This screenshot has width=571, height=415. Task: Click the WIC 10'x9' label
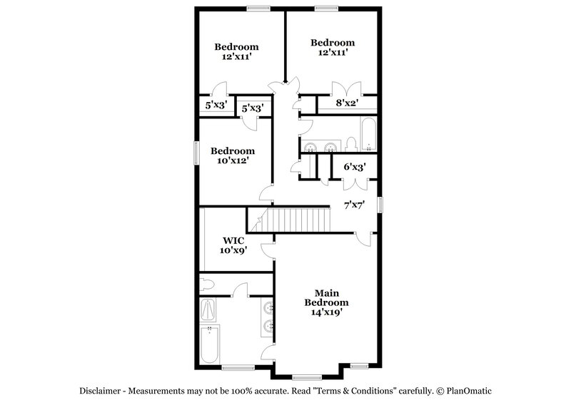[233, 245]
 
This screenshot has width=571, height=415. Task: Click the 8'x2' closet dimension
[347, 103]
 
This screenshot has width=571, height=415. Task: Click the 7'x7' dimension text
[355, 205]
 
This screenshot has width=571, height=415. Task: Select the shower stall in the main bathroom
[210, 309]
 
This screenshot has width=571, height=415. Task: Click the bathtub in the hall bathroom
[368, 135]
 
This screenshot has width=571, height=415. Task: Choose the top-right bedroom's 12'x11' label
[333, 48]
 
